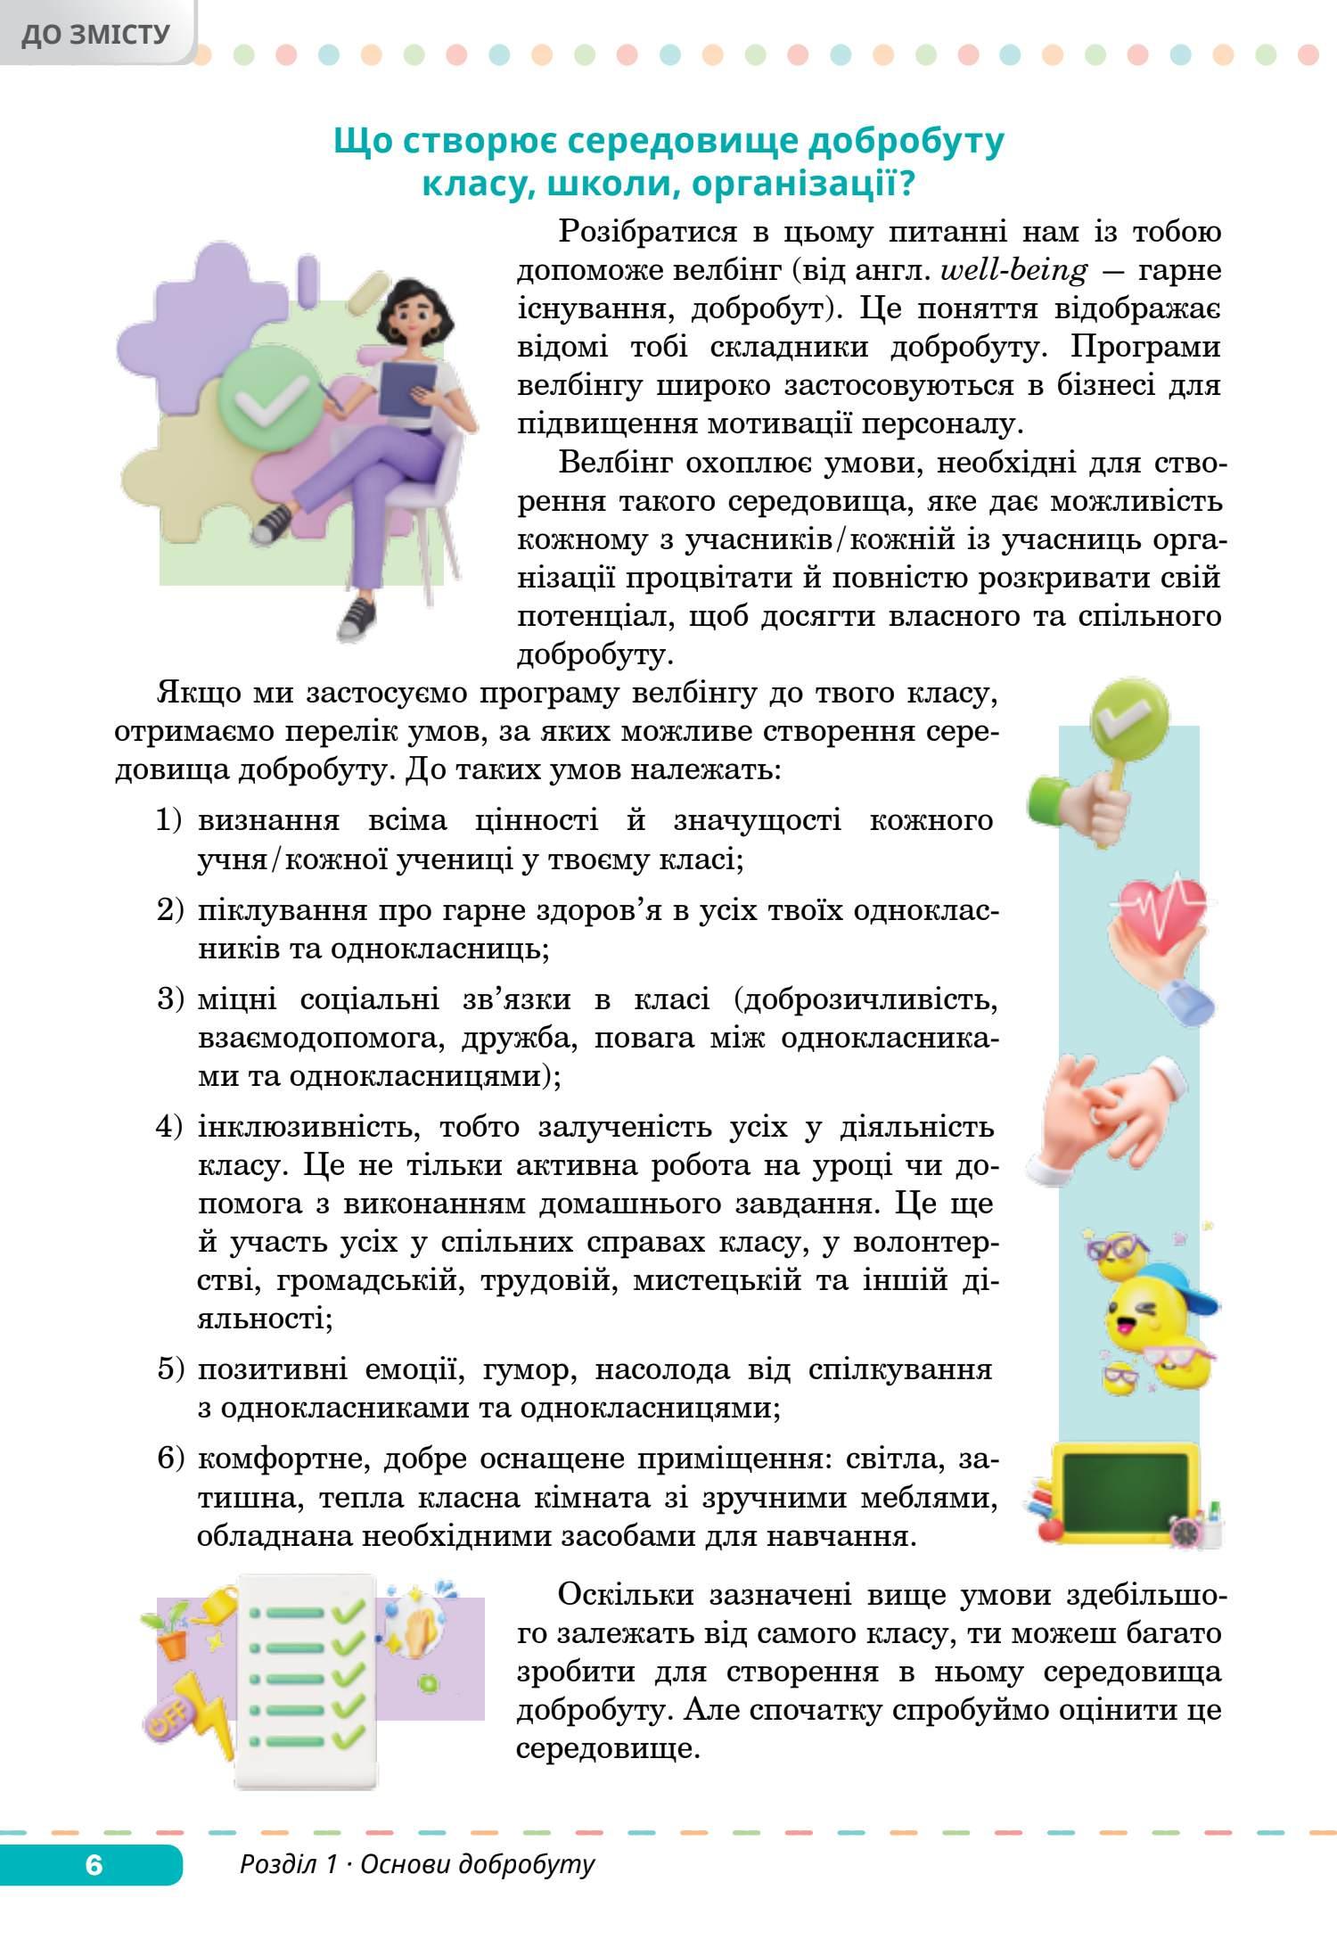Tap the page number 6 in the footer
click(94, 1864)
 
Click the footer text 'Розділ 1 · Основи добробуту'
click(416, 1864)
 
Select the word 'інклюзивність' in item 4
click(301, 1128)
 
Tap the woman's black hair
click(411, 297)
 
